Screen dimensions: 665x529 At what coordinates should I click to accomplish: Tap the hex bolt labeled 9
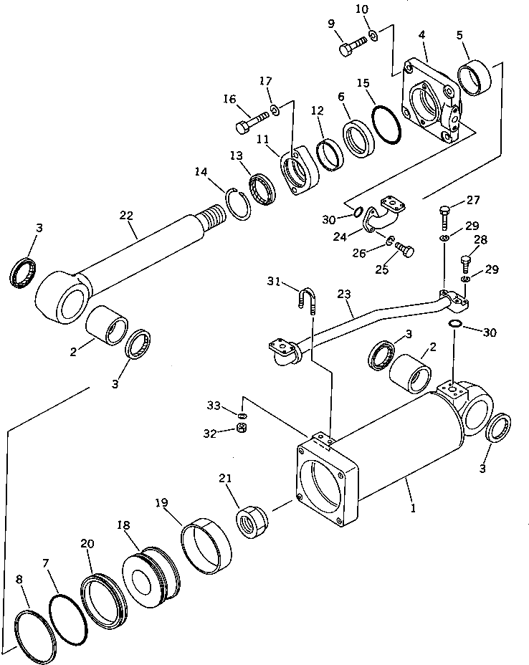pyautogui.click(x=352, y=47)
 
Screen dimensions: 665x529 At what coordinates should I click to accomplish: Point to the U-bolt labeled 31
pyautogui.click(x=307, y=297)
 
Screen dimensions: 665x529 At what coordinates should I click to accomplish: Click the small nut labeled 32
pyautogui.click(x=242, y=429)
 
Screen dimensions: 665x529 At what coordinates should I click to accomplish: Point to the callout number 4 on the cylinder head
pyautogui.click(x=424, y=34)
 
